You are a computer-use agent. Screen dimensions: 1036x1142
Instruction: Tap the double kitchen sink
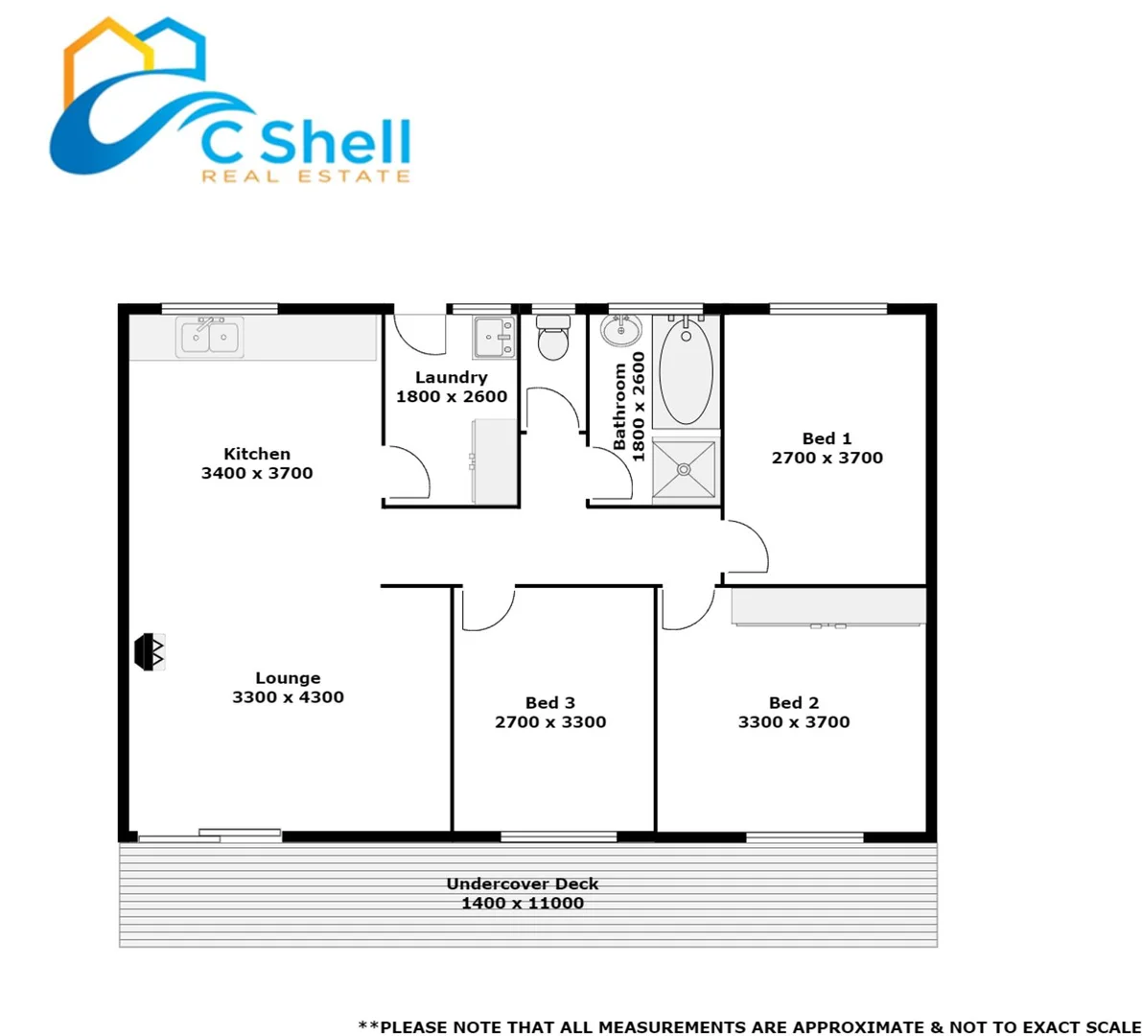coord(210,338)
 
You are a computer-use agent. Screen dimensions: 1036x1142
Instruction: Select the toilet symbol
coord(552,338)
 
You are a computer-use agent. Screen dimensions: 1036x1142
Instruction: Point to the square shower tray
coord(684,469)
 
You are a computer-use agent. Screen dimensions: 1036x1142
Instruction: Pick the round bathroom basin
coord(621,331)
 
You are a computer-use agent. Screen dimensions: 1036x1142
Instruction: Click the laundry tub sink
coord(495,337)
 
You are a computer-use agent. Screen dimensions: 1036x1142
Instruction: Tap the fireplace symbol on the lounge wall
coord(150,651)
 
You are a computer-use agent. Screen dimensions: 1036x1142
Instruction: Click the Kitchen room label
coord(257,454)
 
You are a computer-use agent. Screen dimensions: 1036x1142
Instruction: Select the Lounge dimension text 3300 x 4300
coord(288,697)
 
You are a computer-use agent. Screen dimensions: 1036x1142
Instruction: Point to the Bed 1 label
coord(827,438)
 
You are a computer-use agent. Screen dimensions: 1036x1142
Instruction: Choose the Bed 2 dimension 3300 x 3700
coord(794,722)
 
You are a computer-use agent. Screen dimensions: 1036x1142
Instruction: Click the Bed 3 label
coord(550,703)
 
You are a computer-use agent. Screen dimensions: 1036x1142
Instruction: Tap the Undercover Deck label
coord(523,883)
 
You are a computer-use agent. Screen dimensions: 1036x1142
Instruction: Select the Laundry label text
coord(452,378)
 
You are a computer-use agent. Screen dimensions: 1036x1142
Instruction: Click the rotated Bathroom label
coord(619,407)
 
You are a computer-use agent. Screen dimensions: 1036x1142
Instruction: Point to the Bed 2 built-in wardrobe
coord(828,607)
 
